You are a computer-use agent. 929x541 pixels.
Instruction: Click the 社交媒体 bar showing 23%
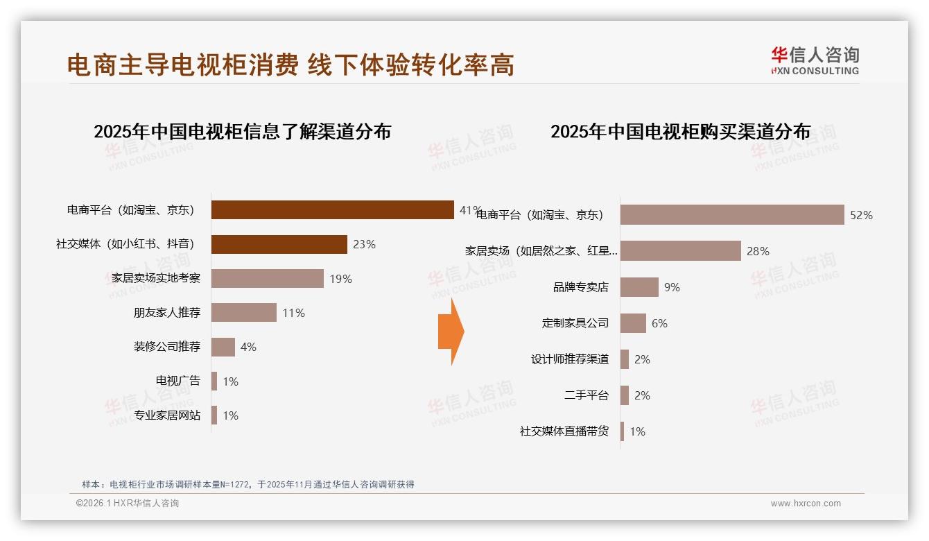[279, 244]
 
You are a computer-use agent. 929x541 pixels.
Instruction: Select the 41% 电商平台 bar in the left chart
[332, 210]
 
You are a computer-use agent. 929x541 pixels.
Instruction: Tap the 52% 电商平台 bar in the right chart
[731, 215]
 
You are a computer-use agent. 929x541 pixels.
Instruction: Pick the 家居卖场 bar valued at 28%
[680, 251]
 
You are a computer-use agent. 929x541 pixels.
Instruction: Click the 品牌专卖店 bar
[639, 287]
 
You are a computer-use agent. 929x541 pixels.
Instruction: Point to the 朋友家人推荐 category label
[167, 313]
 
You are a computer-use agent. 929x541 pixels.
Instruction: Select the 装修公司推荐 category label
[167, 347]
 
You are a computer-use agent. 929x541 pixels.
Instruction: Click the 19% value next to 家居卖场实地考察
[340, 279]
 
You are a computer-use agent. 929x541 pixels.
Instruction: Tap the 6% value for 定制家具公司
[659, 323]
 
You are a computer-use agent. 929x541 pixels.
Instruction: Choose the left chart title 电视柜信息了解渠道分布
[242, 131]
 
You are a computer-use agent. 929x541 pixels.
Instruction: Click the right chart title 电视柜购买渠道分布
[680, 131]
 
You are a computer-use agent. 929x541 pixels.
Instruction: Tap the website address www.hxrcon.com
[806, 504]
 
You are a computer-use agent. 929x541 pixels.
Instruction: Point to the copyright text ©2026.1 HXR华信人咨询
[128, 504]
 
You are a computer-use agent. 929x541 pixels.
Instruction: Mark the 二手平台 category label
[587, 395]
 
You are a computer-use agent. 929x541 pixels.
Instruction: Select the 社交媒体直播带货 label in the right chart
[564, 431]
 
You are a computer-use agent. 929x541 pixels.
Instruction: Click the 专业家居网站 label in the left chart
[167, 415]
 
